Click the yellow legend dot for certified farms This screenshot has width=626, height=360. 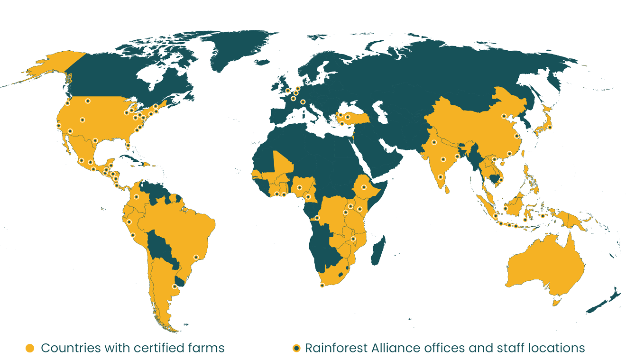30,348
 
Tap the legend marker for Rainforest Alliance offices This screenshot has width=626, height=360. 296,348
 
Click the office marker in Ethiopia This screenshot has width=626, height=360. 364,187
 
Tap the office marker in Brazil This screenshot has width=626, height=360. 196,257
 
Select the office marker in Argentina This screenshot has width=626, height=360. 175,286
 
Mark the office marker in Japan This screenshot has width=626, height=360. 550,127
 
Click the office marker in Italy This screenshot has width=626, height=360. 303,102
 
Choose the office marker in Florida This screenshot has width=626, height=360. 128,145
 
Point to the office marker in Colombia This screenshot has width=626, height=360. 136,196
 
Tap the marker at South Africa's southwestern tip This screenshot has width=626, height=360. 322,285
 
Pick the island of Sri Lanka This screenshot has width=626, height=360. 446,189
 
